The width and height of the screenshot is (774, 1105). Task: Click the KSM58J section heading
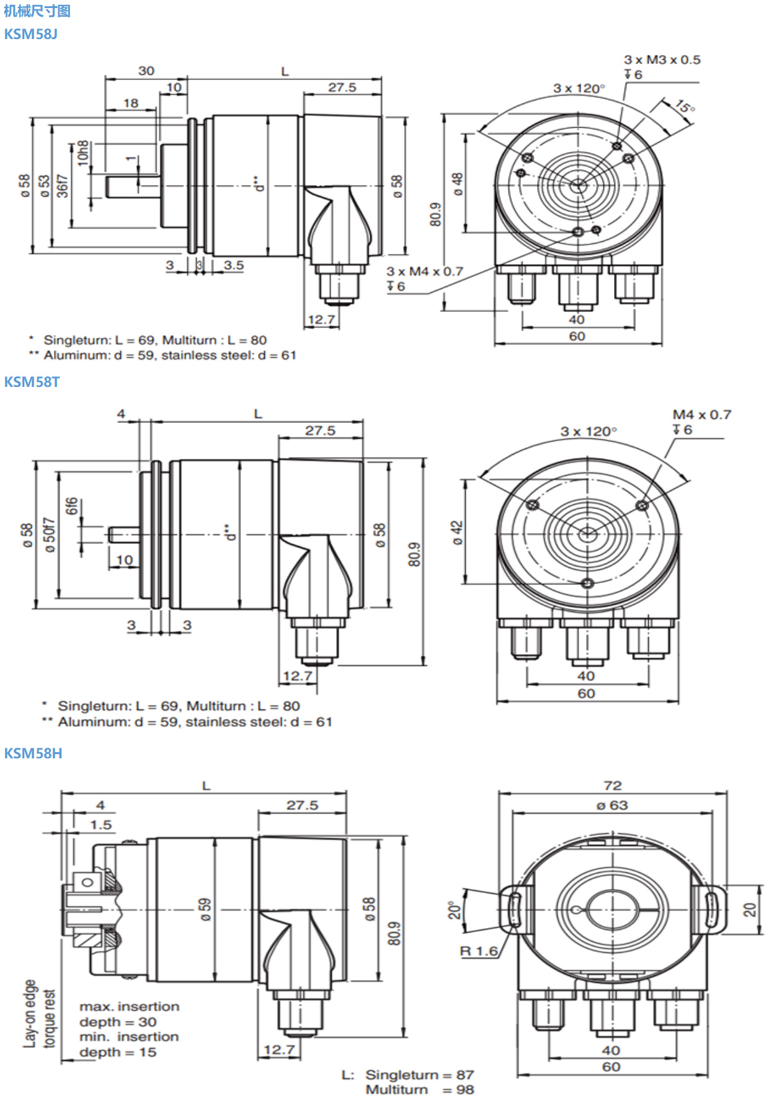click(30, 34)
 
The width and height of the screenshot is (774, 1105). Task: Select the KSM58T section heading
click(32, 382)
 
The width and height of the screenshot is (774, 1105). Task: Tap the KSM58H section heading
click(33, 753)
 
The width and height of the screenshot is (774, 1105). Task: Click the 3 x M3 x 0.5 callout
click(662, 60)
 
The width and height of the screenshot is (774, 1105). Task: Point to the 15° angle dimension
click(684, 107)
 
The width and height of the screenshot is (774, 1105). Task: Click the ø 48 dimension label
click(457, 184)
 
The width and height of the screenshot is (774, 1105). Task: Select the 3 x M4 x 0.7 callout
click(425, 272)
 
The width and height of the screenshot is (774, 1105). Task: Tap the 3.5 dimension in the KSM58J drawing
click(234, 265)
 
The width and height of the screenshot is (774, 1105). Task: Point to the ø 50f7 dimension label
click(50, 535)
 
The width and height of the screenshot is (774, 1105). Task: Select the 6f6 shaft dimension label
click(72, 506)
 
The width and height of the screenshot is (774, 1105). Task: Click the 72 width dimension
click(612, 786)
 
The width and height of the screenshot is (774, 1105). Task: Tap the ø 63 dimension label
click(612, 805)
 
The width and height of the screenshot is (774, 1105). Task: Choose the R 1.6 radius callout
click(479, 951)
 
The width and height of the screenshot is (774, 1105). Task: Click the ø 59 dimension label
click(205, 909)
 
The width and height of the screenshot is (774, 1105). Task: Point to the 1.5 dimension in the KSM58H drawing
click(100, 825)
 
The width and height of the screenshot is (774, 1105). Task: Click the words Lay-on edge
click(30, 1013)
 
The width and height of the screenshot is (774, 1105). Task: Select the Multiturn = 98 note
click(419, 1090)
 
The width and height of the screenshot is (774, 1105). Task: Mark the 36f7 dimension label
click(63, 185)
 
